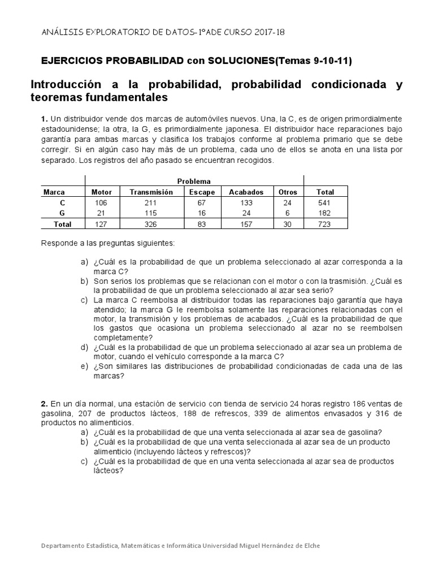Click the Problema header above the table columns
(194, 182)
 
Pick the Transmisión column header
(151, 192)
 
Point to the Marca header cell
(54, 192)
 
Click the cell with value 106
(102, 203)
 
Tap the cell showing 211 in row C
(151, 203)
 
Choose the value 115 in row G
(151, 213)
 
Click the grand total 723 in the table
(325, 224)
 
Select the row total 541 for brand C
(325, 203)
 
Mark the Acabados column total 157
(246, 224)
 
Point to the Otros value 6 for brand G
(288, 213)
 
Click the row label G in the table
(62, 213)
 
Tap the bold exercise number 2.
(44, 404)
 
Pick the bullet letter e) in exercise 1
(84, 366)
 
